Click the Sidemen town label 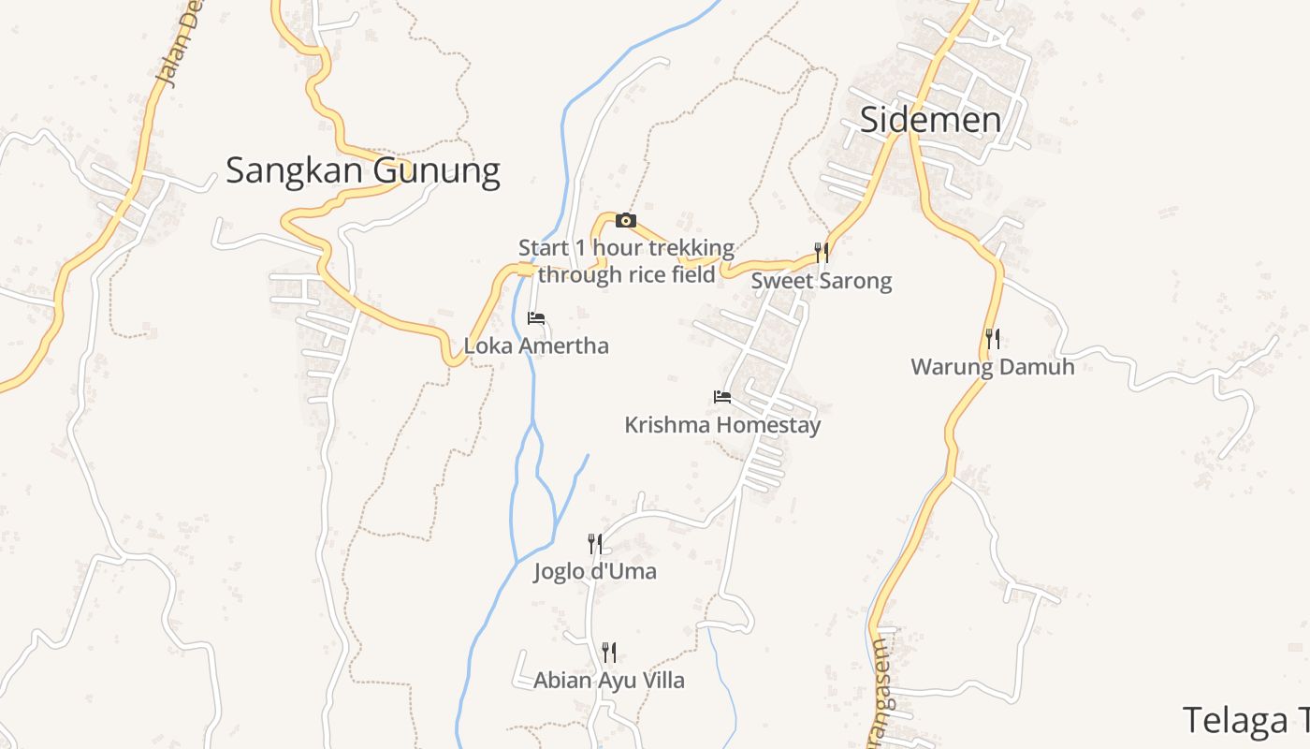(930, 120)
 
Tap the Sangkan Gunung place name (363, 171)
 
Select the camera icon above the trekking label (626, 221)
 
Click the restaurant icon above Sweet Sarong (822, 253)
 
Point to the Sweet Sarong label (822, 281)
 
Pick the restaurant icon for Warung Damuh (993, 339)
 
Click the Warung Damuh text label (993, 366)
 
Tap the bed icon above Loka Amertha (536, 319)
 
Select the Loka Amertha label (536, 346)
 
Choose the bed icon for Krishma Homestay (722, 397)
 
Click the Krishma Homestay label (722, 425)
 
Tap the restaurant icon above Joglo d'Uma (594, 543)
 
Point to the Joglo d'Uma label (595, 571)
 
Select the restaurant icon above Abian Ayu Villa (609, 652)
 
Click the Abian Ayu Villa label (609, 681)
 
